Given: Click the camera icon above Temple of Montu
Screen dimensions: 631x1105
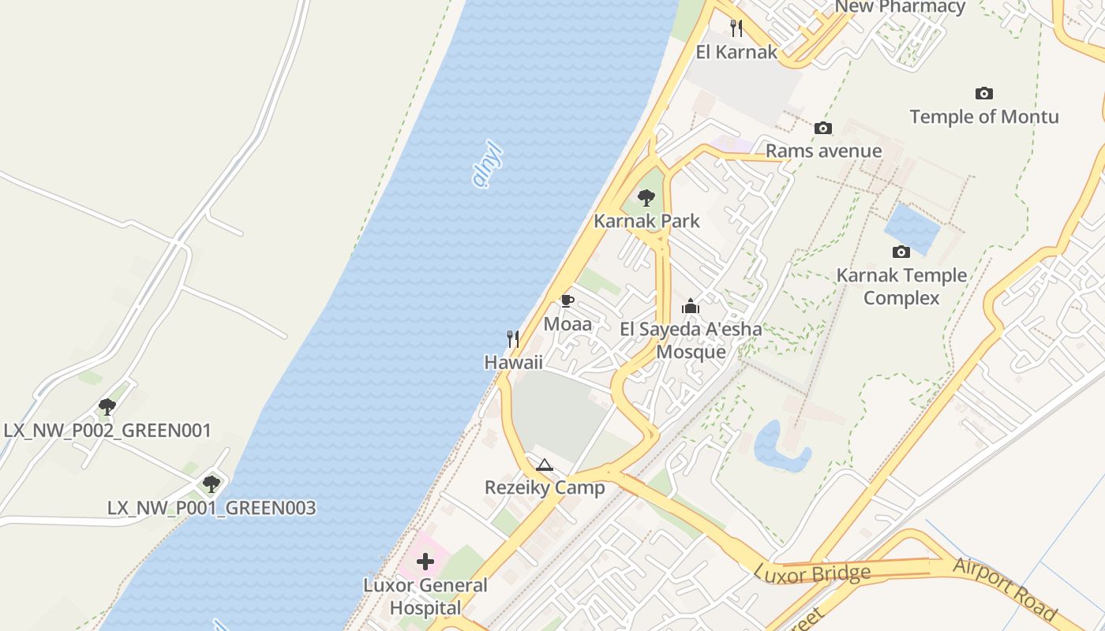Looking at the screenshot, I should tap(983, 94).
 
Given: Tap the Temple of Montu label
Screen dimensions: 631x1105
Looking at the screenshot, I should tap(983, 117).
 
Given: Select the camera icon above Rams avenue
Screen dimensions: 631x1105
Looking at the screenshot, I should tap(823, 128).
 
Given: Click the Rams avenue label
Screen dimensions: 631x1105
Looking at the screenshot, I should tap(823, 151).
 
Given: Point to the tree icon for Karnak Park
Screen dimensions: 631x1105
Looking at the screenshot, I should tap(646, 198).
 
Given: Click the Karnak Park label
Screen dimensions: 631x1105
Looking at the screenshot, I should tap(646, 221).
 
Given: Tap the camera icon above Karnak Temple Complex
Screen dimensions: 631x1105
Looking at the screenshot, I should tap(901, 252).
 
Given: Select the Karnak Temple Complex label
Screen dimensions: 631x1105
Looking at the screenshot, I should tap(901, 286).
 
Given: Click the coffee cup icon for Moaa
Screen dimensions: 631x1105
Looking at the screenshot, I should tap(567, 301).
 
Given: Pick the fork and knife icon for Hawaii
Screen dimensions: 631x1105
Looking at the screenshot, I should tap(513, 339).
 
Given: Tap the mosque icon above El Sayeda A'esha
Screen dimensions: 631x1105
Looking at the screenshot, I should tap(691, 306).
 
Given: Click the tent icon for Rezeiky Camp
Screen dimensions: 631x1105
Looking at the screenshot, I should tap(544, 465).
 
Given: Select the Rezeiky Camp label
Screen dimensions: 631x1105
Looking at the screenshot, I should tap(544, 487).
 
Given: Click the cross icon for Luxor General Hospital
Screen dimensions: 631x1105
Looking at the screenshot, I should tap(425, 562).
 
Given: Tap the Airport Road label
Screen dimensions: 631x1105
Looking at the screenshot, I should tap(1005, 588).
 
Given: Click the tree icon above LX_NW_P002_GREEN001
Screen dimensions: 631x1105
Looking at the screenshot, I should tap(107, 407).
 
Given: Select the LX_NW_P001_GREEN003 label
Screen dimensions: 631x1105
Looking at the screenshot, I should tap(211, 508).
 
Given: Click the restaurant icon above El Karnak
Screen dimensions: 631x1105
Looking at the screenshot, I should tap(736, 29).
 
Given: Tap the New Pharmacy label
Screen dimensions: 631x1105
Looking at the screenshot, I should tap(899, 7).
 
